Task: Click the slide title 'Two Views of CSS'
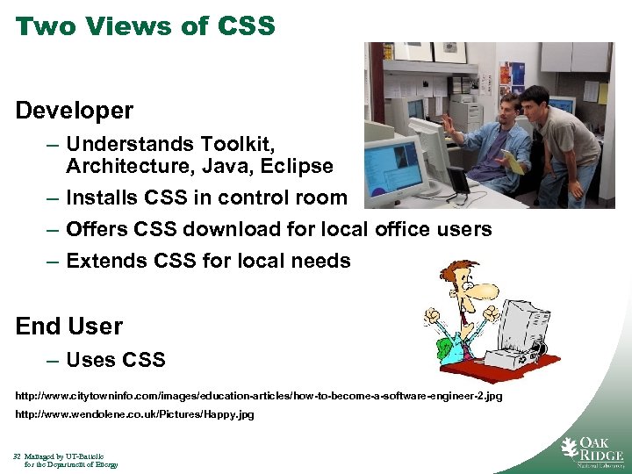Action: (x=146, y=25)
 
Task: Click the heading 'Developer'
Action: (x=75, y=111)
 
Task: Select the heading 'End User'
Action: (x=69, y=327)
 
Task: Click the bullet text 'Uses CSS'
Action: (x=115, y=360)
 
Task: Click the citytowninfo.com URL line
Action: (x=259, y=397)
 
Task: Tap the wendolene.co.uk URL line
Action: (x=134, y=414)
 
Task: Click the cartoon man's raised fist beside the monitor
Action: (x=492, y=312)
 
